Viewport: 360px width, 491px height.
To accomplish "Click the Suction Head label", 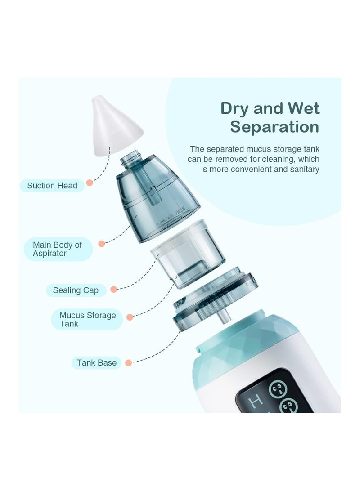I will tap(52, 186).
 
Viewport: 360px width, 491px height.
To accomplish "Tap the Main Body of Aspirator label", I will tap(58, 249).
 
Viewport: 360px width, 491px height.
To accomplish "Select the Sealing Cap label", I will tap(76, 290).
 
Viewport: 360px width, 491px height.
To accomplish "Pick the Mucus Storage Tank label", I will tap(87, 320).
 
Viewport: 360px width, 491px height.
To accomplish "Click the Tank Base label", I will tap(96, 363).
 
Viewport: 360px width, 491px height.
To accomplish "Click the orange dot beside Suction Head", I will tap(90, 183).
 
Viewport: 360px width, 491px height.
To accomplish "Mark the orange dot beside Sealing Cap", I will tap(114, 290).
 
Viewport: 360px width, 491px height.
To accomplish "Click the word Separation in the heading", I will tap(274, 127).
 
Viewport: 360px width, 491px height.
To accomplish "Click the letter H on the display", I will tap(256, 402).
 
